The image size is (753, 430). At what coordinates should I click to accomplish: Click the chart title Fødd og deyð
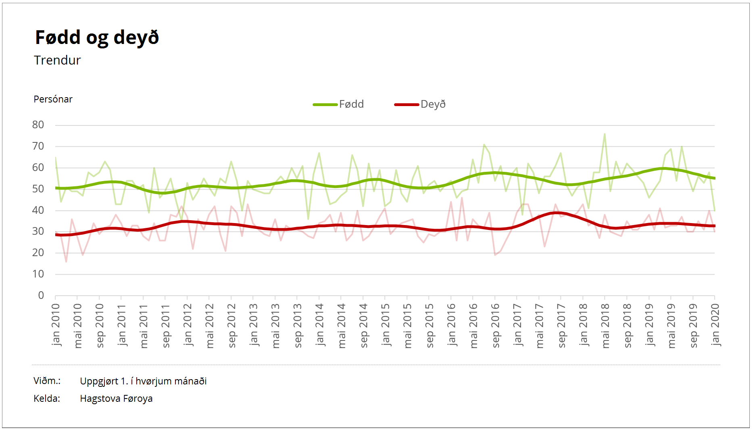click(97, 38)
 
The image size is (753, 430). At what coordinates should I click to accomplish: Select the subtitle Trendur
click(57, 60)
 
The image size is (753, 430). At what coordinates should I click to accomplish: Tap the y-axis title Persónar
click(53, 99)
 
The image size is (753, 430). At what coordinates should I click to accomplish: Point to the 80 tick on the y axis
click(38, 125)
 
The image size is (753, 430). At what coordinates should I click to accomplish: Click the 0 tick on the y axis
click(41, 295)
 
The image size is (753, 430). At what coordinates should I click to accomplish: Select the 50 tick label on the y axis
click(38, 189)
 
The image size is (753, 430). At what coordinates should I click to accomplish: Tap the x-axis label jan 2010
click(56, 325)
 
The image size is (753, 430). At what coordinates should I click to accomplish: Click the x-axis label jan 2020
click(715, 325)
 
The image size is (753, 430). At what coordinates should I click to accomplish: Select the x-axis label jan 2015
click(386, 325)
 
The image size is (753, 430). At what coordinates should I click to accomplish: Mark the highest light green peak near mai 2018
click(605, 134)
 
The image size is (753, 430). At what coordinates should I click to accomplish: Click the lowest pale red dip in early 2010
click(66, 261)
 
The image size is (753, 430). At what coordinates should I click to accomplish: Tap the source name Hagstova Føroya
click(116, 399)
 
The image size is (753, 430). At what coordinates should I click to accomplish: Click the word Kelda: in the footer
click(47, 399)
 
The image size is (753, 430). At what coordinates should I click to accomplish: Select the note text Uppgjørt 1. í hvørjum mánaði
click(143, 381)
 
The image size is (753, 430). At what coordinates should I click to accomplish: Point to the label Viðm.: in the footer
click(47, 381)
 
